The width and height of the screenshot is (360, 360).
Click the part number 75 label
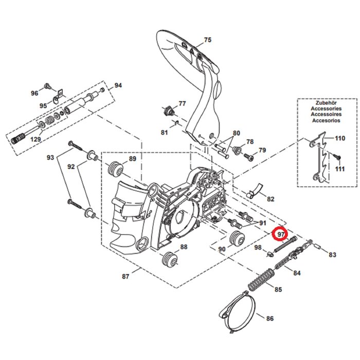pyautogui.click(x=208, y=40)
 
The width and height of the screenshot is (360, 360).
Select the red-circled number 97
pyautogui.click(x=281, y=234)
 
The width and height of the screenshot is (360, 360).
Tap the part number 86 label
pyautogui.click(x=270, y=319)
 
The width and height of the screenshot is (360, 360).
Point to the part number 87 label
pyautogui.click(x=125, y=277)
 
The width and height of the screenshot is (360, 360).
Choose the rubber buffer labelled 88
pyautogui.click(x=168, y=260)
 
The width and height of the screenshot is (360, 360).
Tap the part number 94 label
pyautogui.click(x=118, y=85)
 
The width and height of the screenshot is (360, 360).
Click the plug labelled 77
pyautogui.click(x=167, y=110)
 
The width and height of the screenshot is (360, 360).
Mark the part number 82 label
pyautogui.click(x=270, y=199)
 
